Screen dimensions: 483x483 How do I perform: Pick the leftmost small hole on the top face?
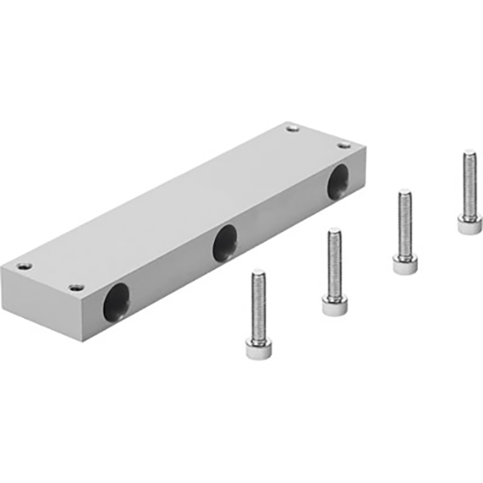(x=26, y=266)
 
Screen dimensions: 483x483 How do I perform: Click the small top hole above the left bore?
(x=77, y=287)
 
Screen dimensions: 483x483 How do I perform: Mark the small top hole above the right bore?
(x=343, y=145)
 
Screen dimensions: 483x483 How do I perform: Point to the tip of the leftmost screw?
(x=259, y=273)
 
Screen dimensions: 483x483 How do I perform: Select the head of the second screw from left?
(x=335, y=304)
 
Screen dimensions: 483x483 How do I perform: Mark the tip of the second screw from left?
(x=335, y=230)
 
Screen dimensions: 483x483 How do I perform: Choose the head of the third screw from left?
(x=405, y=264)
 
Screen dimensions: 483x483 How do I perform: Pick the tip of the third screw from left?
(x=405, y=193)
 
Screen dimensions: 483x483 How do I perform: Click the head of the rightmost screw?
(x=469, y=225)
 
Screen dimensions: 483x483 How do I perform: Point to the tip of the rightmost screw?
(x=469, y=152)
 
